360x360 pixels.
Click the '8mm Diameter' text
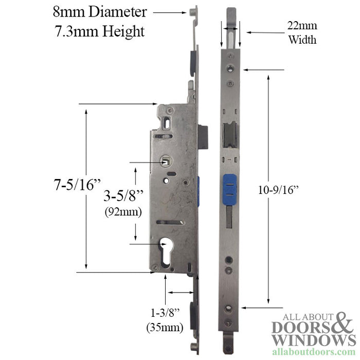coord(101,12)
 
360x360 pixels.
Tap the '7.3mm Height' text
coord(100,31)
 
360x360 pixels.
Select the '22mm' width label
coord(302,26)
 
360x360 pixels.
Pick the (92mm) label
coord(122,210)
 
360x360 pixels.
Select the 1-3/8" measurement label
coord(164,313)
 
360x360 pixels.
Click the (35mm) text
coord(164,326)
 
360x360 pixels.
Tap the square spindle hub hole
coord(166,161)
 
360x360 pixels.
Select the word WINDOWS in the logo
coord(314,340)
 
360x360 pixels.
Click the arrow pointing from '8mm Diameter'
coord(169,11)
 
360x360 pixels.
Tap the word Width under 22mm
coord(302,39)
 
